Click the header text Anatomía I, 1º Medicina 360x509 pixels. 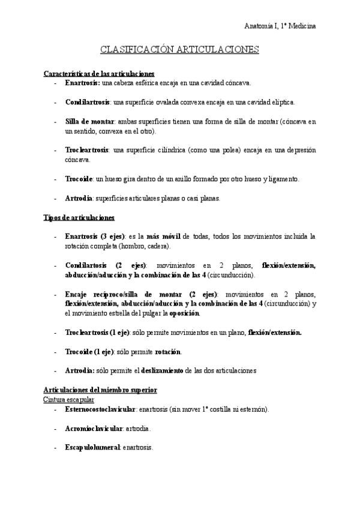coord(281,26)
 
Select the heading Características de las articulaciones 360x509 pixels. coord(99,73)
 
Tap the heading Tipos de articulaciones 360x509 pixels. coord(79,217)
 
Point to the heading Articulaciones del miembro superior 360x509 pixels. coord(100,390)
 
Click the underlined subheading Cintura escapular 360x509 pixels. coord(68,399)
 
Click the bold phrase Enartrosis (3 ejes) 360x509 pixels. coord(94,236)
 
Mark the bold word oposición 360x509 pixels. coord(184,313)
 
